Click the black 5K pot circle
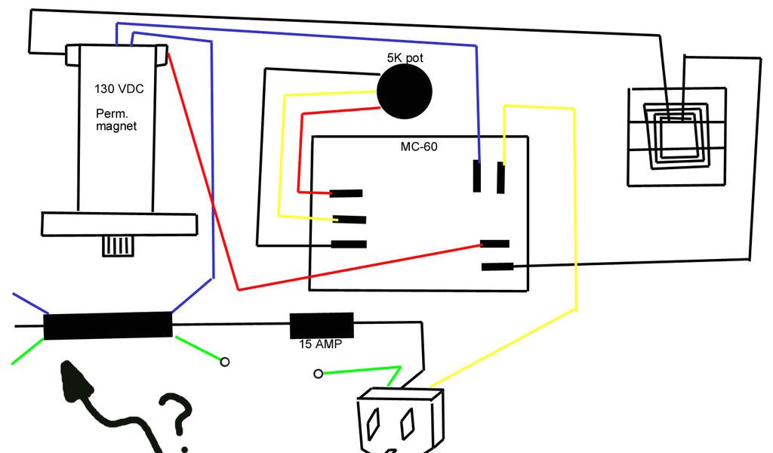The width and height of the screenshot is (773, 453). point(405,91)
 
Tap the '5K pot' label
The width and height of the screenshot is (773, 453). point(405,57)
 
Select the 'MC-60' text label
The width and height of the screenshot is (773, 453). point(418,146)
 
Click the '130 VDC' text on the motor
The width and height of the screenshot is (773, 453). point(119,89)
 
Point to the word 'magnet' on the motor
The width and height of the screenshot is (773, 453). point(116,126)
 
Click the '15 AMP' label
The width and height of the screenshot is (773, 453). point(321,345)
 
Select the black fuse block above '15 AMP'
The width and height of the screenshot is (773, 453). point(322,326)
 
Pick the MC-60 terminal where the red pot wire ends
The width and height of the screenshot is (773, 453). point(346,194)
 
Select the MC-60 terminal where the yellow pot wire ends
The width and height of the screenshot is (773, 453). point(350,220)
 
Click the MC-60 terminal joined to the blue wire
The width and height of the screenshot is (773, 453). point(476,175)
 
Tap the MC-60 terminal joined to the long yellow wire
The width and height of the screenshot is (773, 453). point(500,177)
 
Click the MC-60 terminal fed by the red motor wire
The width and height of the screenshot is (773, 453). point(495,243)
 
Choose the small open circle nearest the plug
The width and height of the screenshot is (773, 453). point(318,374)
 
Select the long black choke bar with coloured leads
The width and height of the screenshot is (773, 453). point(108,326)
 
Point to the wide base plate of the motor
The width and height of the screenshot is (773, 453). point(119,224)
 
